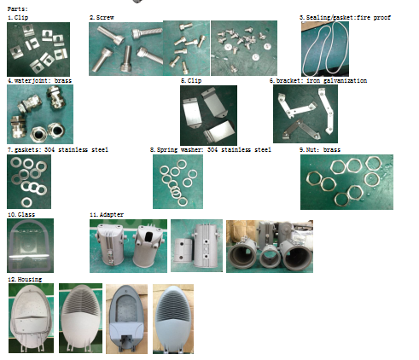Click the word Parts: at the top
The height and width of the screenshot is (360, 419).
(x=17, y=9)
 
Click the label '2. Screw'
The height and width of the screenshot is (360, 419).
(x=102, y=17)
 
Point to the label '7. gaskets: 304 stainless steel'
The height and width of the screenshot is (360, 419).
(x=58, y=149)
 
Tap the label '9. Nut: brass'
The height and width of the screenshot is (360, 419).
(x=320, y=149)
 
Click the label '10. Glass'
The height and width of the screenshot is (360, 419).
(x=21, y=214)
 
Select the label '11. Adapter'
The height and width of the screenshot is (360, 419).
(x=107, y=214)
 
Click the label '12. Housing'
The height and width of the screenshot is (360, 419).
(x=25, y=279)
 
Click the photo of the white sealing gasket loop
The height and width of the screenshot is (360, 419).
(x=325, y=49)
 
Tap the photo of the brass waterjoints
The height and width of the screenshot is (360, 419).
(x=40, y=114)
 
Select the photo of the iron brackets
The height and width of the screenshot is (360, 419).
(x=306, y=113)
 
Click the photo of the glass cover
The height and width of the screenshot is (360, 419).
(x=30, y=246)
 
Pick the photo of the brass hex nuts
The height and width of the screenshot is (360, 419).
(x=346, y=182)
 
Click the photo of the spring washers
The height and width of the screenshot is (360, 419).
(x=177, y=182)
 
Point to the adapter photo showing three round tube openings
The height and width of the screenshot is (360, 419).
(x=270, y=247)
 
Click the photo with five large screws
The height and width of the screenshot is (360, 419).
(x=125, y=49)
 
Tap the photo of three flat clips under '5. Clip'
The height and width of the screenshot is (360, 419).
(x=208, y=115)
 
